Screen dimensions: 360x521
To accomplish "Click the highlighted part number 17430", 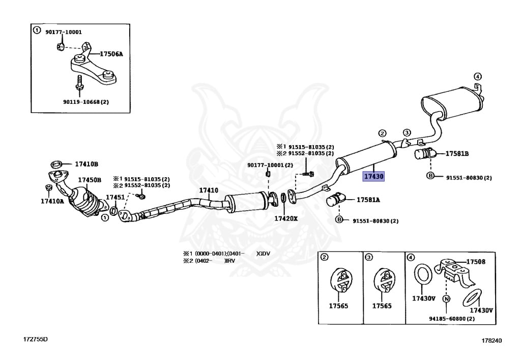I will (x=373, y=176).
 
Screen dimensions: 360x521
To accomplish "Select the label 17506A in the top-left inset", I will (x=111, y=53).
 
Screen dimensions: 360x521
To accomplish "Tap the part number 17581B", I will (x=457, y=153).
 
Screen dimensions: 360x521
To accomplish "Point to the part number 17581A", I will (x=368, y=200).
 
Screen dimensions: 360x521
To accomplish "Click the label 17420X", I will (x=286, y=218).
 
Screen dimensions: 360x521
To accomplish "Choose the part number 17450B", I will (x=90, y=180).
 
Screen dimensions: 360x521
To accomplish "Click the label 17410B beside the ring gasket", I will (x=86, y=164).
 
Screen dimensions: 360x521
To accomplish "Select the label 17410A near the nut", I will (x=52, y=201).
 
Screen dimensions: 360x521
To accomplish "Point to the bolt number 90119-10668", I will (x=86, y=102).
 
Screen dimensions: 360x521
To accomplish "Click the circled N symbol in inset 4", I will (x=446, y=299).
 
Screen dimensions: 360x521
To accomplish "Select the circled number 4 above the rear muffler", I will (x=477, y=76).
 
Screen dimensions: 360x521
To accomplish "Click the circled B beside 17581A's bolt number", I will (x=339, y=220).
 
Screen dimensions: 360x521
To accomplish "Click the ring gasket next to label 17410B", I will (x=57, y=164).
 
